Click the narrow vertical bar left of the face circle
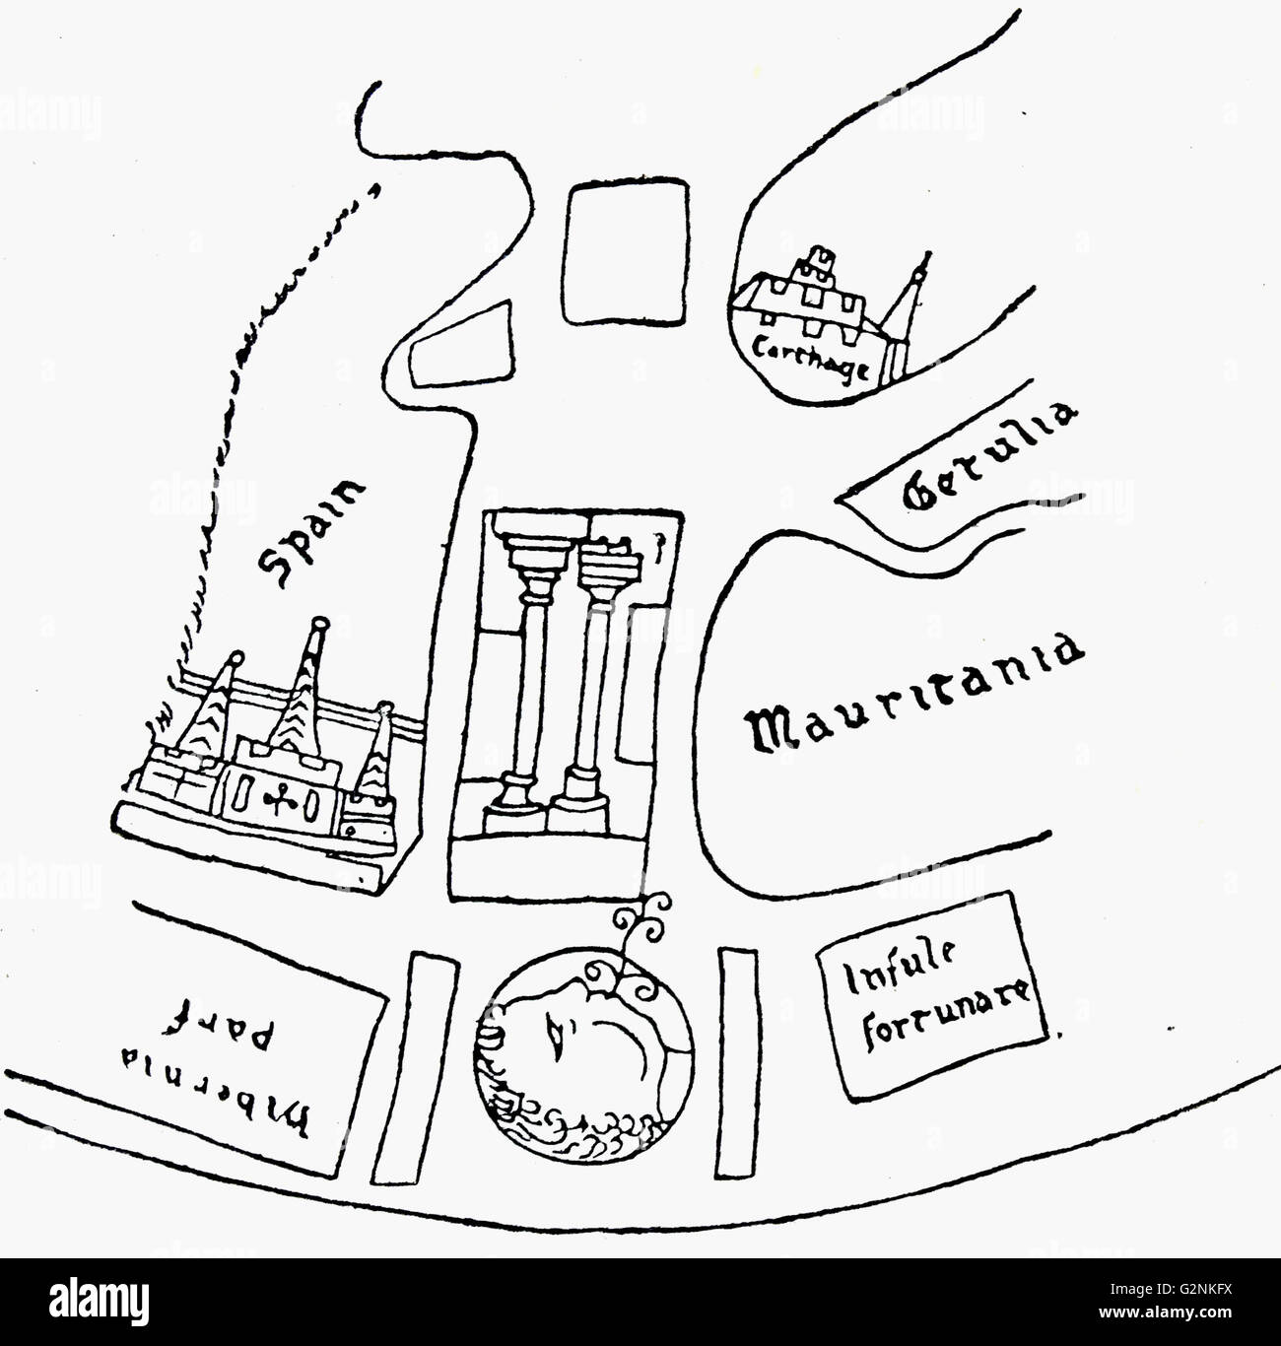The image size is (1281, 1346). [x=416, y=1065]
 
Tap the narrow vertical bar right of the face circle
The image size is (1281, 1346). [x=738, y=1061]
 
